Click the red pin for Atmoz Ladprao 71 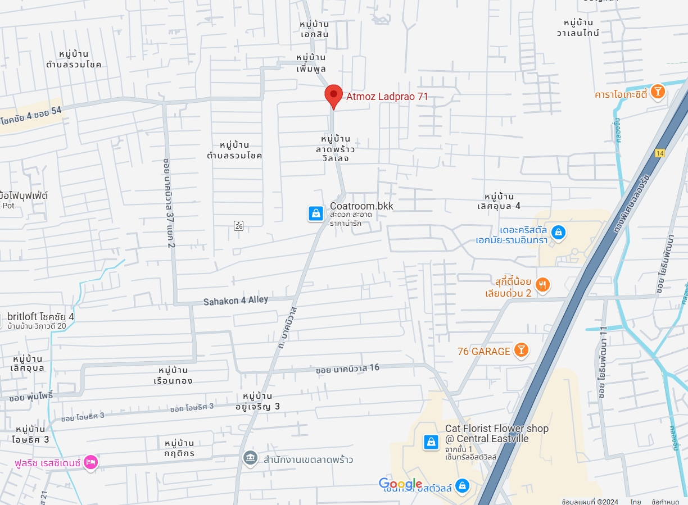(333, 95)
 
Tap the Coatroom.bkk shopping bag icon (316, 213)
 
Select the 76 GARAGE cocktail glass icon (522, 351)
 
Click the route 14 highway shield (659, 153)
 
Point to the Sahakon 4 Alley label (236, 301)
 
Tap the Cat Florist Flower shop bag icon (431, 442)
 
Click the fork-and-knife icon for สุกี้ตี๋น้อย (542, 285)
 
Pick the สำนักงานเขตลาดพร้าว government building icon (250, 458)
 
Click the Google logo (400, 484)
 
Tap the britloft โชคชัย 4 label (40, 317)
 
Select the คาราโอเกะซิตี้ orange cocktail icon (657, 92)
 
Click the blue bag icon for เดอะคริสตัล (558, 231)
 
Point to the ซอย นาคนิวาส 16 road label (347, 369)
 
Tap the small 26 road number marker (239, 225)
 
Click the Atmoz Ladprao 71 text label (387, 97)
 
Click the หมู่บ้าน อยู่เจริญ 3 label (261, 401)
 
